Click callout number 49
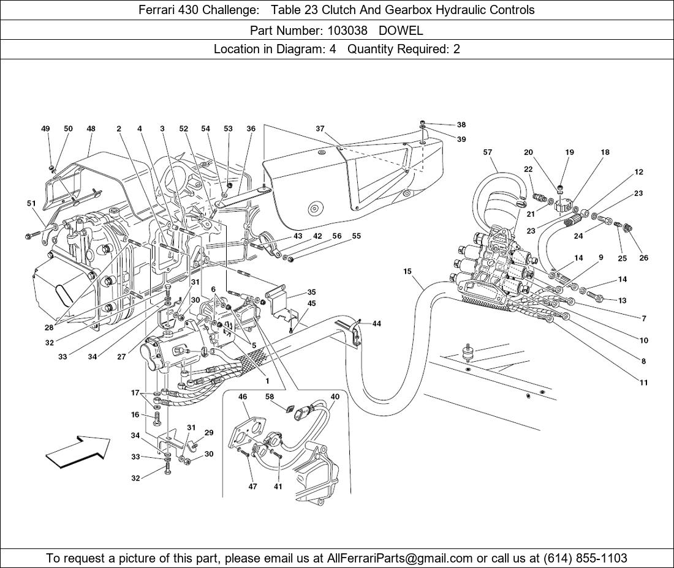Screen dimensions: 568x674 (x=46, y=129)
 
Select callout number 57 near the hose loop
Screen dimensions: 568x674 (x=488, y=152)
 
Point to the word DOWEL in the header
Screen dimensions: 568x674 (x=401, y=29)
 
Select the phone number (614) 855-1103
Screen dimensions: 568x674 (x=585, y=558)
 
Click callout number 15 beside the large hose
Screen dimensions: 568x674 (x=407, y=271)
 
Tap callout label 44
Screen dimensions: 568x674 (x=376, y=324)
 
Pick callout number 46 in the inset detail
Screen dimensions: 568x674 (x=243, y=397)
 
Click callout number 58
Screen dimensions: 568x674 (x=270, y=397)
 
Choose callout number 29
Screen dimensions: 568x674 (x=209, y=433)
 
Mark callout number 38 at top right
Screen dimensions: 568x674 (x=461, y=125)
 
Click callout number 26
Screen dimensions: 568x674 (x=643, y=258)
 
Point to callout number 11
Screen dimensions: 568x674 (x=643, y=383)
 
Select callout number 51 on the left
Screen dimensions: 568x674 (x=31, y=203)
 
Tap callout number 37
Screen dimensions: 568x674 (x=320, y=129)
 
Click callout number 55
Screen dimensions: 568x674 (x=356, y=236)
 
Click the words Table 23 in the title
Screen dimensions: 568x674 (x=291, y=10)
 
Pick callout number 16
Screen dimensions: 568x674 (x=135, y=415)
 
